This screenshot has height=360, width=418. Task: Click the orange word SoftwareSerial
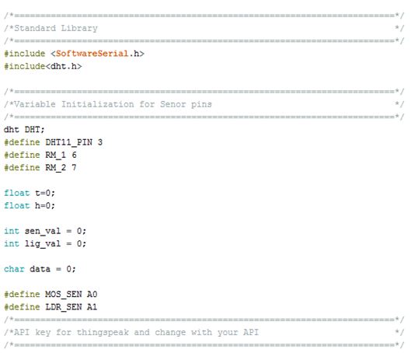pos(92,54)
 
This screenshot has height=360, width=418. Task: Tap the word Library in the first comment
pos(79,29)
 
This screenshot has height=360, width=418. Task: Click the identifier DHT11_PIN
pos(69,142)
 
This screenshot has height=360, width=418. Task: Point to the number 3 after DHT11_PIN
pos(100,142)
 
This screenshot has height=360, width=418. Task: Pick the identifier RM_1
pos(55,155)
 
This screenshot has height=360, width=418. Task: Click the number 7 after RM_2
pos(74,168)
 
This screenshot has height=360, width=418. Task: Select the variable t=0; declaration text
pos(45,193)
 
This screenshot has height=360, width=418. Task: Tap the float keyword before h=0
pos(17,205)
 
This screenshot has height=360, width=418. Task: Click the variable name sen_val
pos(43,231)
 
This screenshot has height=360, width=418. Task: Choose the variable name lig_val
pos(43,243)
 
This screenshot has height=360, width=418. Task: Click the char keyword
pos(14,269)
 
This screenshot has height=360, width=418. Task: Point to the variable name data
pos(40,269)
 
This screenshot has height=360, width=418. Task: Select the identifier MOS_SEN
pos(64,295)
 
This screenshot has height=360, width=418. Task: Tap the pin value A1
pos(92,307)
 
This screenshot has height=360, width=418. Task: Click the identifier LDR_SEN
pos(64,307)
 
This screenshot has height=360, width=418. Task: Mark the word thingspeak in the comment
pos(103,333)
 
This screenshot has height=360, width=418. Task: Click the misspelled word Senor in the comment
pos(172,104)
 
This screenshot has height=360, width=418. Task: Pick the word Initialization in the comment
pos(98,104)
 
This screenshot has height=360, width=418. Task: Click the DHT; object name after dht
pos(35,130)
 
